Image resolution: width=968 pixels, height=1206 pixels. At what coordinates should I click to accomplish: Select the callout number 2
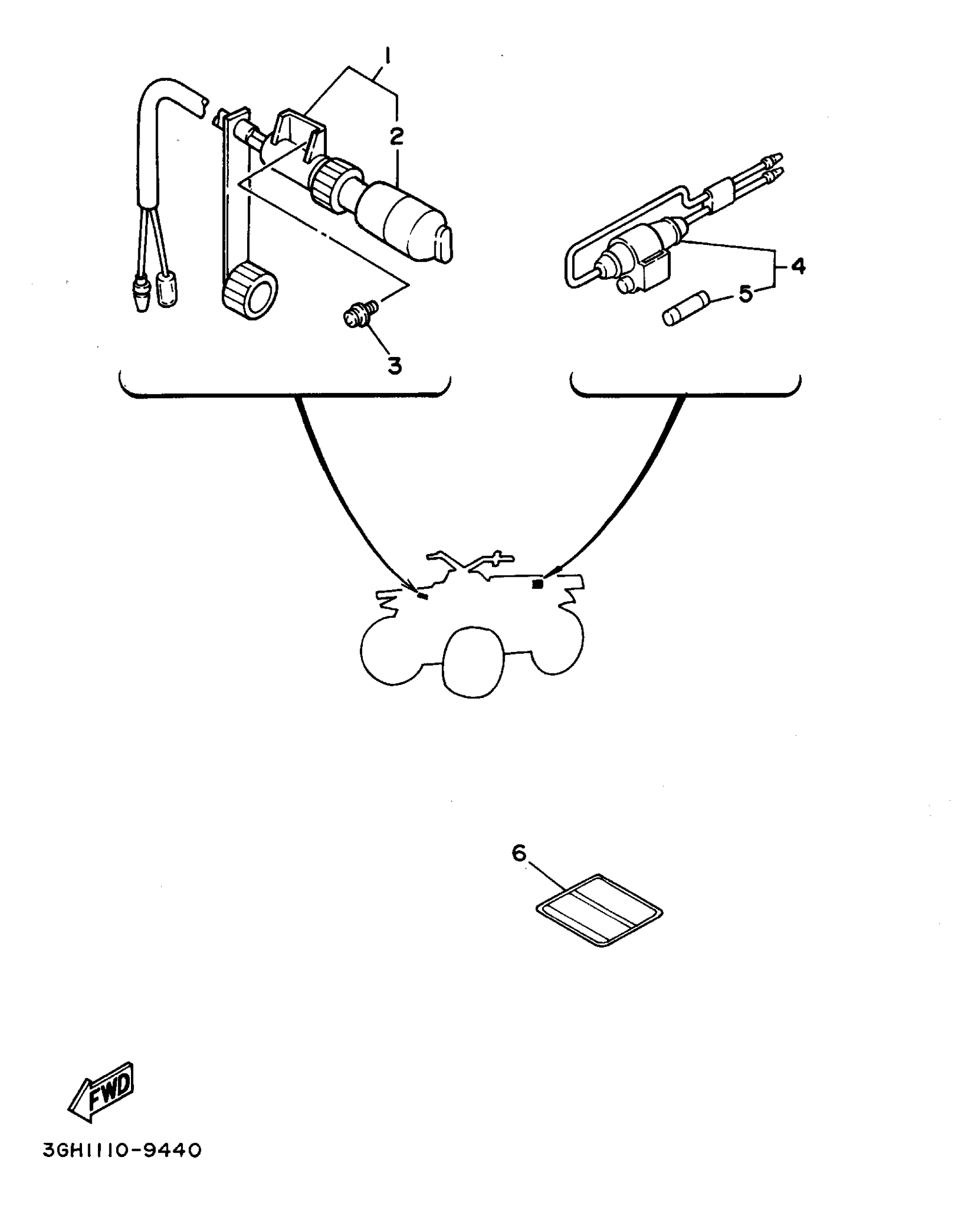point(396,136)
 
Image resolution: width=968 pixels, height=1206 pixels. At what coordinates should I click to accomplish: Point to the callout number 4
point(798,265)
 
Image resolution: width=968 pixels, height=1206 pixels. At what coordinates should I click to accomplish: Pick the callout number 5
point(746,294)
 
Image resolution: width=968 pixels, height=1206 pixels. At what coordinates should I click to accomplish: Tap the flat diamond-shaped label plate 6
point(600,910)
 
